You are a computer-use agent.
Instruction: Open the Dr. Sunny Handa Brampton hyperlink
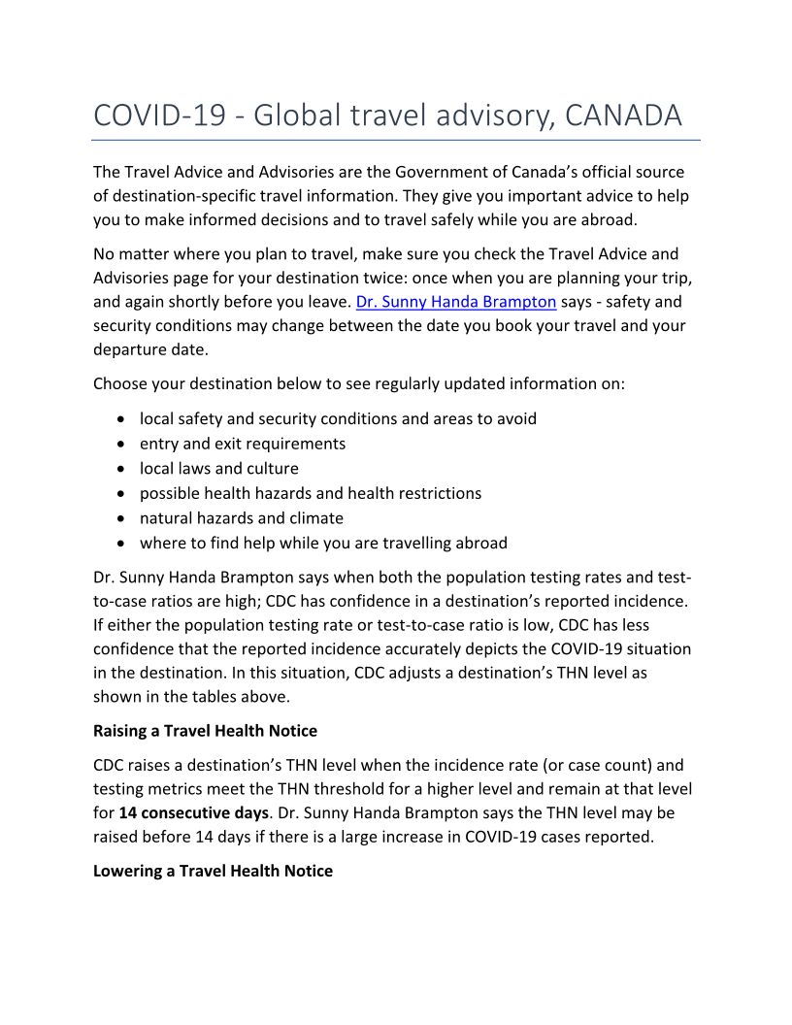(x=456, y=301)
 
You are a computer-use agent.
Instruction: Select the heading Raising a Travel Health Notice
(x=205, y=730)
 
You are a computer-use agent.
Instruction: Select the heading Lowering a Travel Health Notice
(x=213, y=871)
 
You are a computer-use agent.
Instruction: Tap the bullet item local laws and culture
(x=219, y=468)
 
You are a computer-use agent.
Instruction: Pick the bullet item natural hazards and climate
(x=242, y=517)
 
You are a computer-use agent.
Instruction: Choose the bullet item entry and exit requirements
(x=243, y=444)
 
